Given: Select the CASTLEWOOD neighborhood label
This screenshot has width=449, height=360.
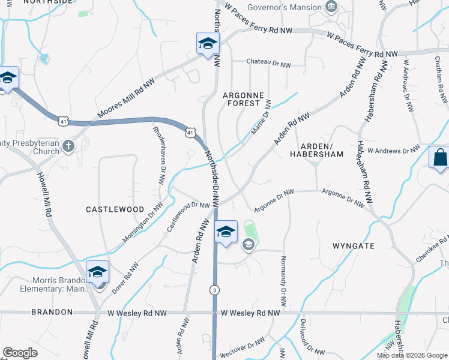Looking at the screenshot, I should [115, 209].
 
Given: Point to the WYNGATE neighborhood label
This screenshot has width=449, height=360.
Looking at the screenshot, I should [353, 246].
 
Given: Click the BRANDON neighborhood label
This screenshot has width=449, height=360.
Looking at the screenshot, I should [53, 312].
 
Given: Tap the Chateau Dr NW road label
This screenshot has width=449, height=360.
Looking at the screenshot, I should [270, 62].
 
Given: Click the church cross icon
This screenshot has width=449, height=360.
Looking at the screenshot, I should [68, 145].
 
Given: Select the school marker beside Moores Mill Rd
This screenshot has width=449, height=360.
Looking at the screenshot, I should [208, 44].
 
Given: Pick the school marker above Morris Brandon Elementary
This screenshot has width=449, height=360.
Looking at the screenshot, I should [97, 272].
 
